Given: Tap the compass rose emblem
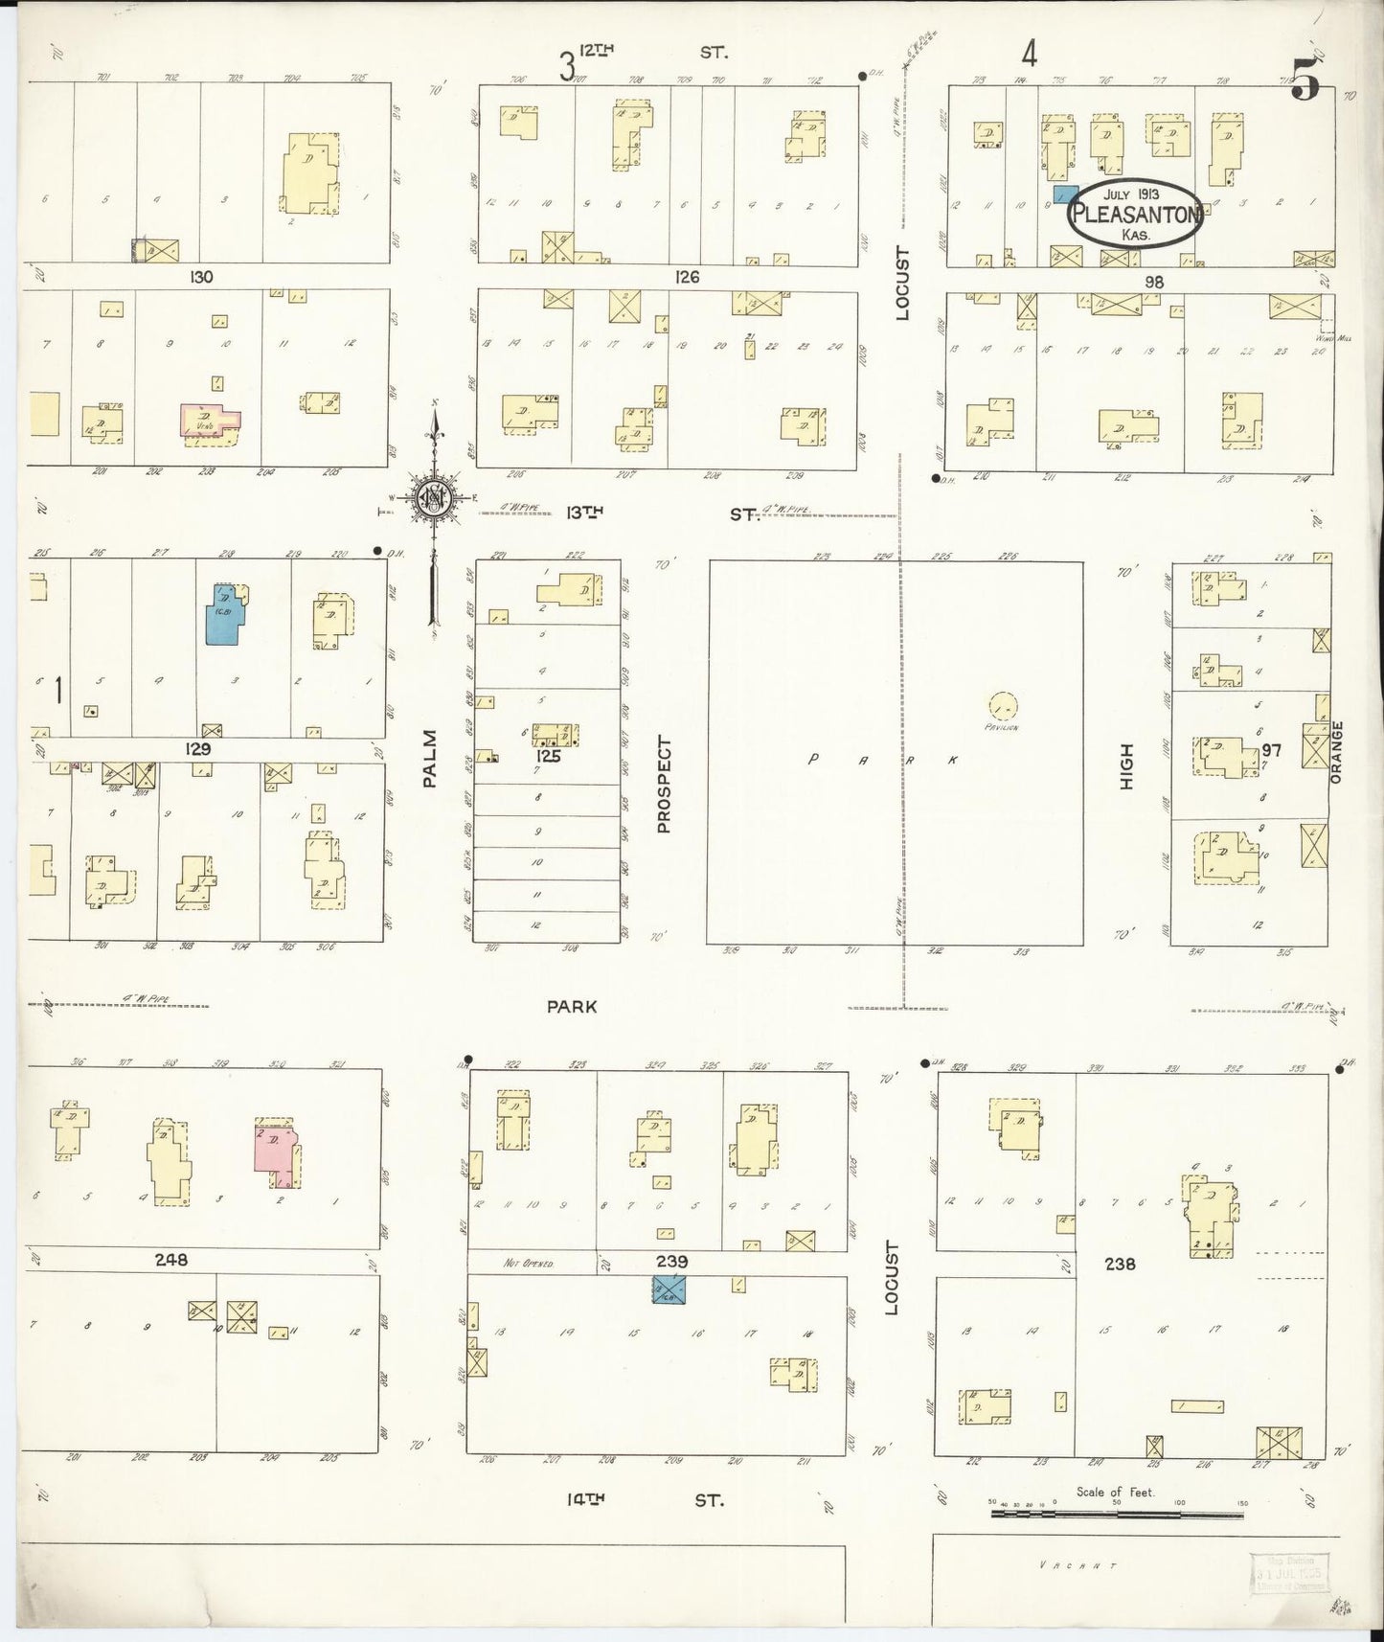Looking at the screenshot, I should [x=433, y=498].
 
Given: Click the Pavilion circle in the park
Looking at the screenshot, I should [x=1004, y=707].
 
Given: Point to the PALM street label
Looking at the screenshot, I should [x=429, y=759].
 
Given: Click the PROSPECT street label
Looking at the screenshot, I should [x=663, y=784].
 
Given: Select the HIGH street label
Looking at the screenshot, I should [x=1126, y=766].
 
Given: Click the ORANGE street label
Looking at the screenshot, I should [x=1337, y=752].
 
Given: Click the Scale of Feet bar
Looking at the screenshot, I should [x=1117, y=1514].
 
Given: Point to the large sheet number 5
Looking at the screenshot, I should [x=1305, y=79].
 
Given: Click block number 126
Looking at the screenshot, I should [x=687, y=277].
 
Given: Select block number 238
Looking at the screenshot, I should [x=1119, y=1264].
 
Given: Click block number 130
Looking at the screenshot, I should [x=201, y=277].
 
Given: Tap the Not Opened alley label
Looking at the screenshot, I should [x=529, y=1264].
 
